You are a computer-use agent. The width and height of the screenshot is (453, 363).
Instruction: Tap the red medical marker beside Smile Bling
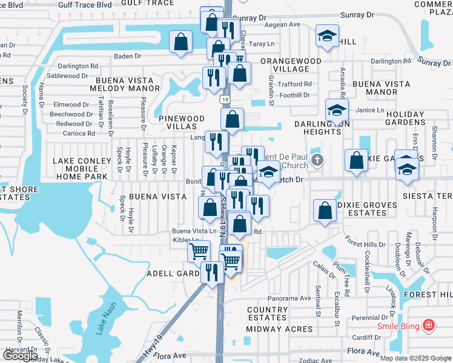(x=429, y=325)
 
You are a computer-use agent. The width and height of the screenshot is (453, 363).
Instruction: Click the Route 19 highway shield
(x=225, y=99)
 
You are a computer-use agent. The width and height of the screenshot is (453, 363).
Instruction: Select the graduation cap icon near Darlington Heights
(x=336, y=110)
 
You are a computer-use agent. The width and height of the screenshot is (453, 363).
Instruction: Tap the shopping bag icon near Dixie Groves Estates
(x=325, y=211)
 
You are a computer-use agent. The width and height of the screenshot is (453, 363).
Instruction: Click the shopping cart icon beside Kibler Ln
(x=198, y=250)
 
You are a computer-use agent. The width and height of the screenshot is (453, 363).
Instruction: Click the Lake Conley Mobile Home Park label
(x=82, y=169)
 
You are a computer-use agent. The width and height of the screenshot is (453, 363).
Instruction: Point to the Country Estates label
(x=267, y=313)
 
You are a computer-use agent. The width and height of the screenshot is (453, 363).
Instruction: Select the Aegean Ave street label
(x=286, y=25)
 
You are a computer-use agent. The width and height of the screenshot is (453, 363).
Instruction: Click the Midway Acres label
(x=280, y=329)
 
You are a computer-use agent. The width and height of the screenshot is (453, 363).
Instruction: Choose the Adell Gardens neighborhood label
(x=174, y=273)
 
